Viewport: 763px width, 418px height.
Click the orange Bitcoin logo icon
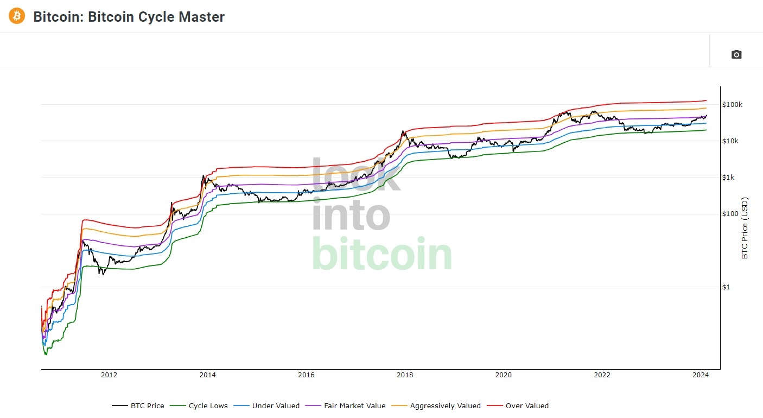[x=17, y=16]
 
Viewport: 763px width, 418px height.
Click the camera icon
[x=736, y=54]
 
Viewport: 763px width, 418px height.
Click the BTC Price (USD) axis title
[x=745, y=228]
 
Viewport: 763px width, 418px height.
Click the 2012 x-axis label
[x=109, y=375]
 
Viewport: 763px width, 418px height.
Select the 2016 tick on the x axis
[x=306, y=375]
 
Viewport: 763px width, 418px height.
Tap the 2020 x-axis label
[x=504, y=375]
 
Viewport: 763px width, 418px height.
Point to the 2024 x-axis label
[x=701, y=375]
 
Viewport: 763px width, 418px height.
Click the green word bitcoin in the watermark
[x=381, y=255]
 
